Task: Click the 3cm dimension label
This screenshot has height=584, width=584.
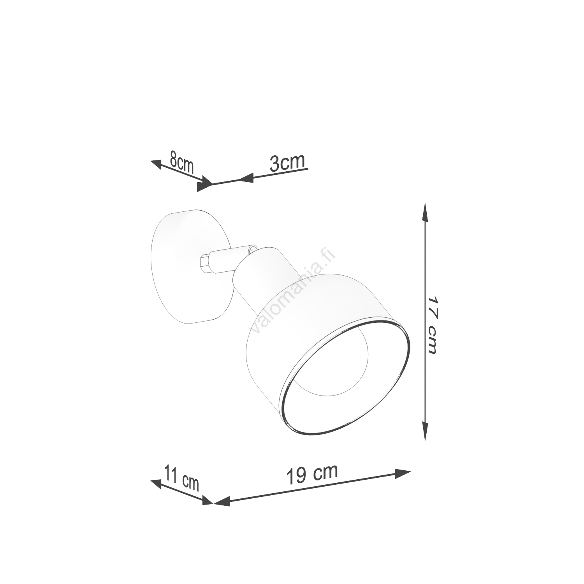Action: pyautogui.click(x=287, y=162)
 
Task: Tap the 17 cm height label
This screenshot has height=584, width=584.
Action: pyautogui.click(x=433, y=325)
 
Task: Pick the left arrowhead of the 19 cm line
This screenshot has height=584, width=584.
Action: pyautogui.click(x=222, y=501)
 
